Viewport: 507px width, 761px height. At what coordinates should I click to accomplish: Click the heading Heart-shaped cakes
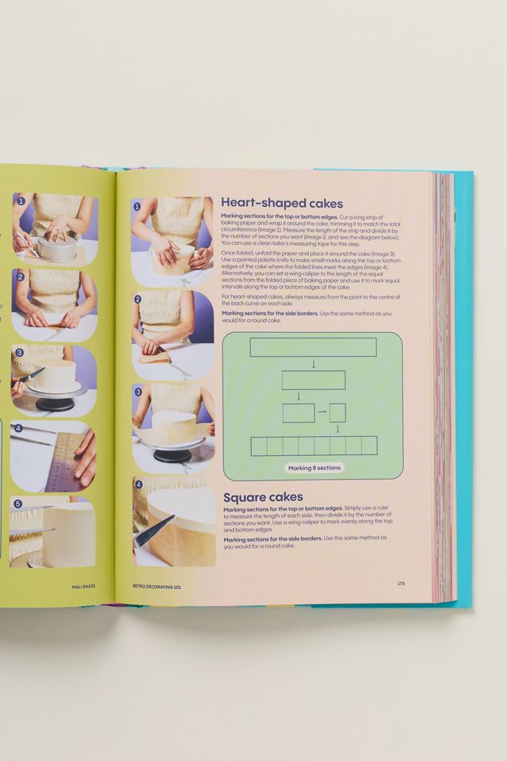281,203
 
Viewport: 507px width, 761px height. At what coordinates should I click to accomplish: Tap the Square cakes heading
263,497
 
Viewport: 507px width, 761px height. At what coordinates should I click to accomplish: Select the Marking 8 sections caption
314,468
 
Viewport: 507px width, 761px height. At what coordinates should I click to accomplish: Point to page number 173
401,583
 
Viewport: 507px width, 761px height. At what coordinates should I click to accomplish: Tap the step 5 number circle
18,503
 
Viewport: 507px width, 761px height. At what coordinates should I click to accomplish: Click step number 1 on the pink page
137,206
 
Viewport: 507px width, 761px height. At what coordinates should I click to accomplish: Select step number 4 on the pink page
138,484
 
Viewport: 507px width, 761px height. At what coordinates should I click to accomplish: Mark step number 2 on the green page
21,276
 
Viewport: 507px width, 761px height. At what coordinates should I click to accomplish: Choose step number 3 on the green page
19,352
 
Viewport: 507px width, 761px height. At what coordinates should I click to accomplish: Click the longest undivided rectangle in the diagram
314,346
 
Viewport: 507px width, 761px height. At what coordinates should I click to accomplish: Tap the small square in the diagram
337,412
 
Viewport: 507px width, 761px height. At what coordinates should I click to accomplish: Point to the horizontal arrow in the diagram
322,412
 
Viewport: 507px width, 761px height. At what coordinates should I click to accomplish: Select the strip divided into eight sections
314,446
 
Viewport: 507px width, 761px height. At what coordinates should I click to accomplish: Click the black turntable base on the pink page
172,456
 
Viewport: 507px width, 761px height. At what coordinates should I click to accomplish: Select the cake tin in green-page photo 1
56,249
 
